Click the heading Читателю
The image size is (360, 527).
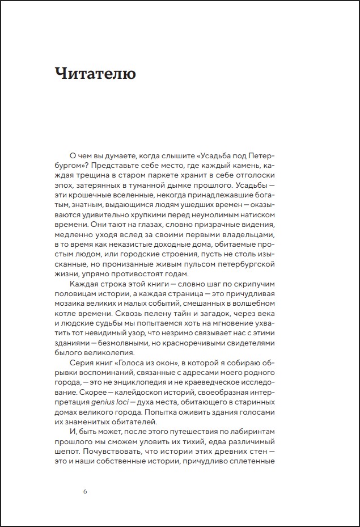(95, 73)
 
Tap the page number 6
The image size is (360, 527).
(85, 491)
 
